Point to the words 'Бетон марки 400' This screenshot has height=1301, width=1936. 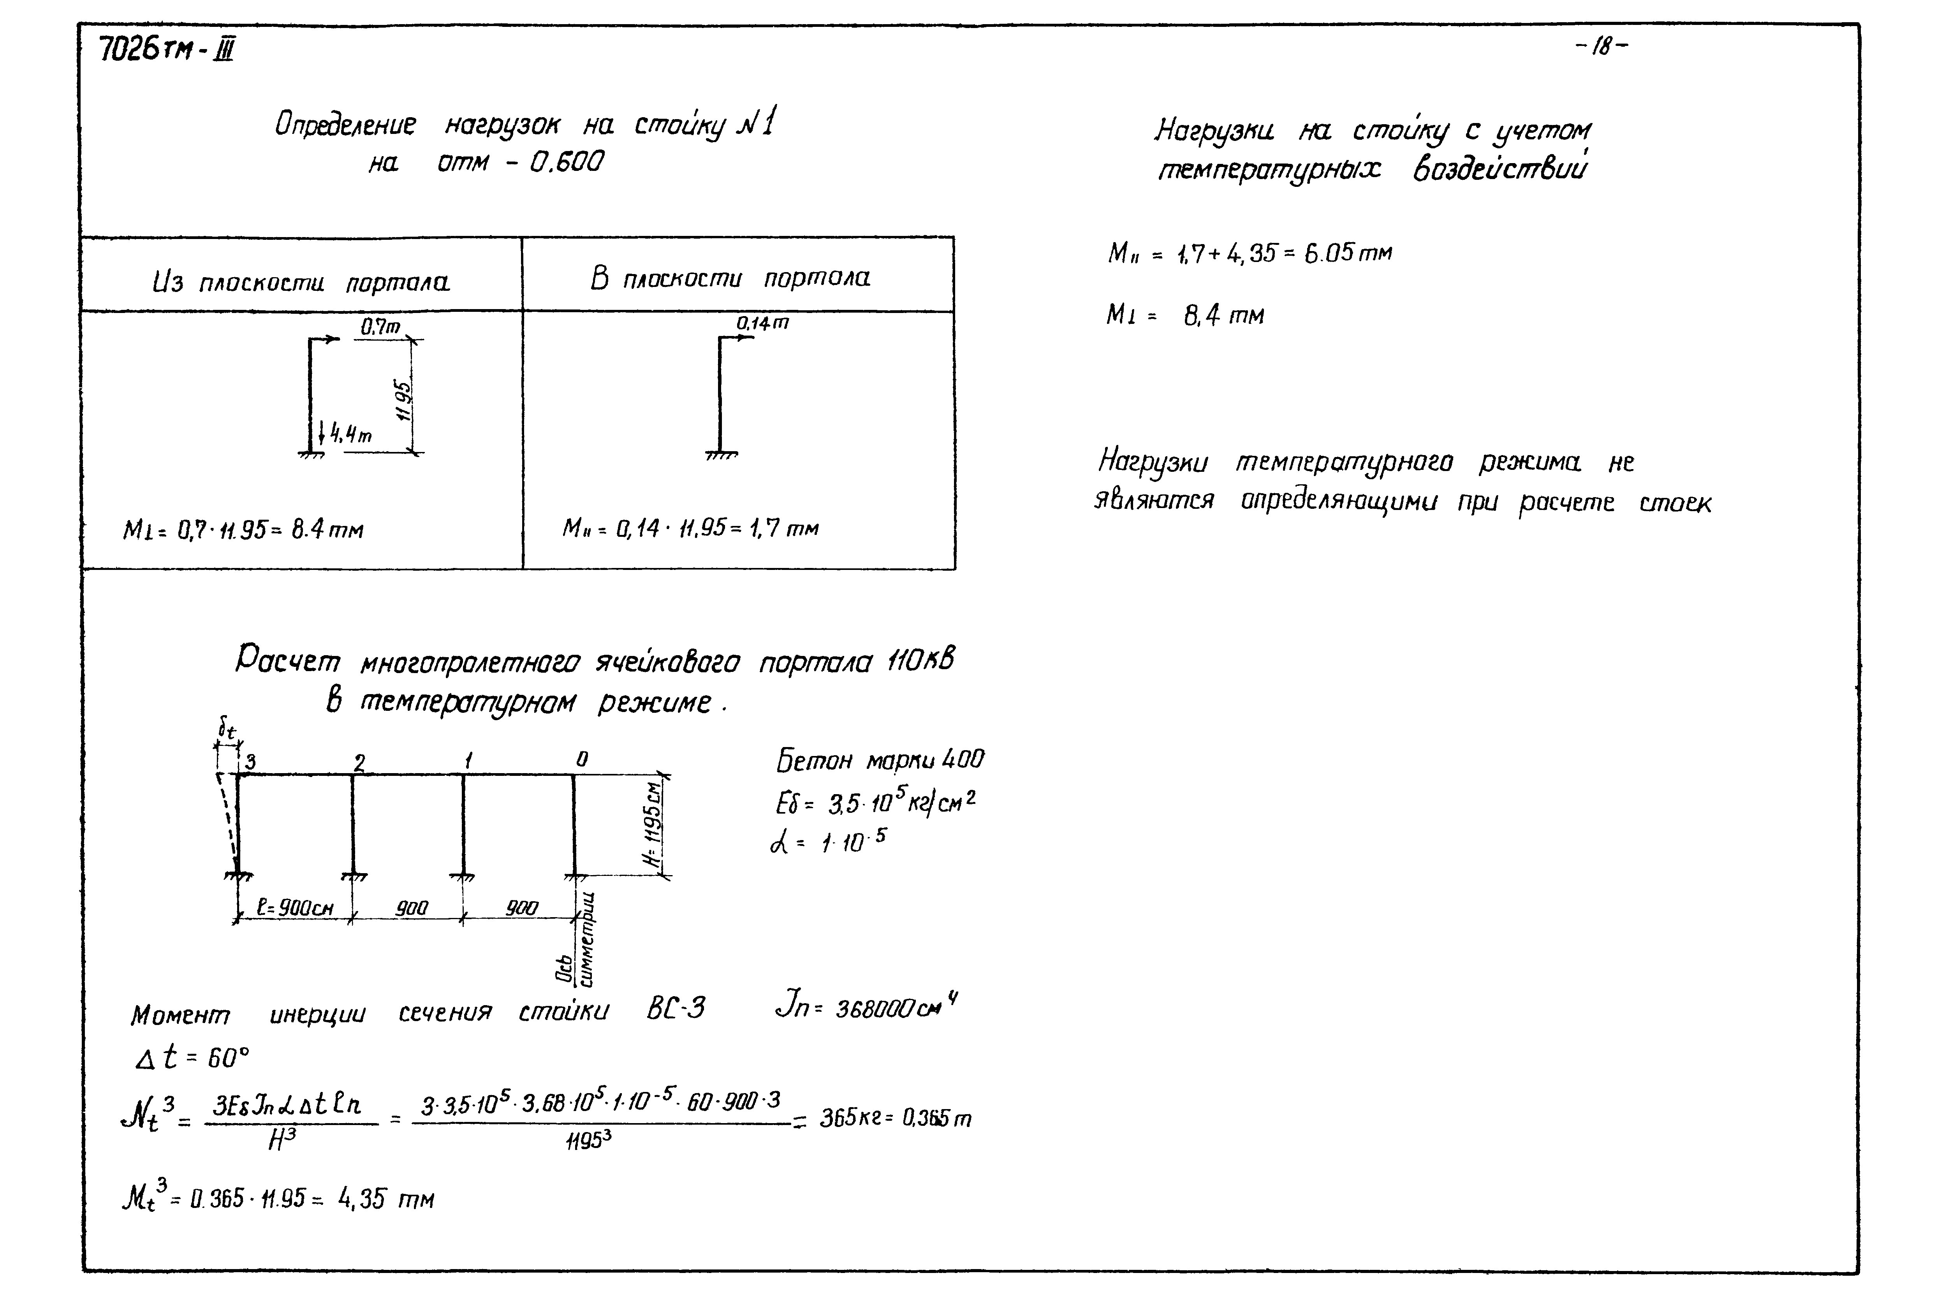pos(880,760)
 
